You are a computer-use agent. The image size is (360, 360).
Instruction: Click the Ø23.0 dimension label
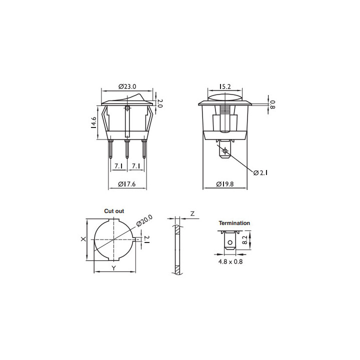(x=127, y=86)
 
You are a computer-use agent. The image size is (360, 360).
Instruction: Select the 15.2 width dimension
(x=225, y=86)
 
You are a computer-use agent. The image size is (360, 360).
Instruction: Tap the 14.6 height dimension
(x=93, y=122)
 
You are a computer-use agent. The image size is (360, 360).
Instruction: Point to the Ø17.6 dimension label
(x=127, y=184)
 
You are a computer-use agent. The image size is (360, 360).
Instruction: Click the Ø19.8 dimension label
(x=225, y=184)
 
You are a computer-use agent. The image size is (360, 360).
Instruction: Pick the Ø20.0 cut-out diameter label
(x=144, y=220)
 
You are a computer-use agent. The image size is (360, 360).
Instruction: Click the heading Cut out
(x=114, y=211)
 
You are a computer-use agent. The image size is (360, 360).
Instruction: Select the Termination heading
(x=234, y=223)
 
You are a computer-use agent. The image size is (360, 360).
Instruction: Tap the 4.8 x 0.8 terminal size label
(x=230, y=261)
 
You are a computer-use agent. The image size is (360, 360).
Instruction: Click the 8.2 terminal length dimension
(x=245, y=240)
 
